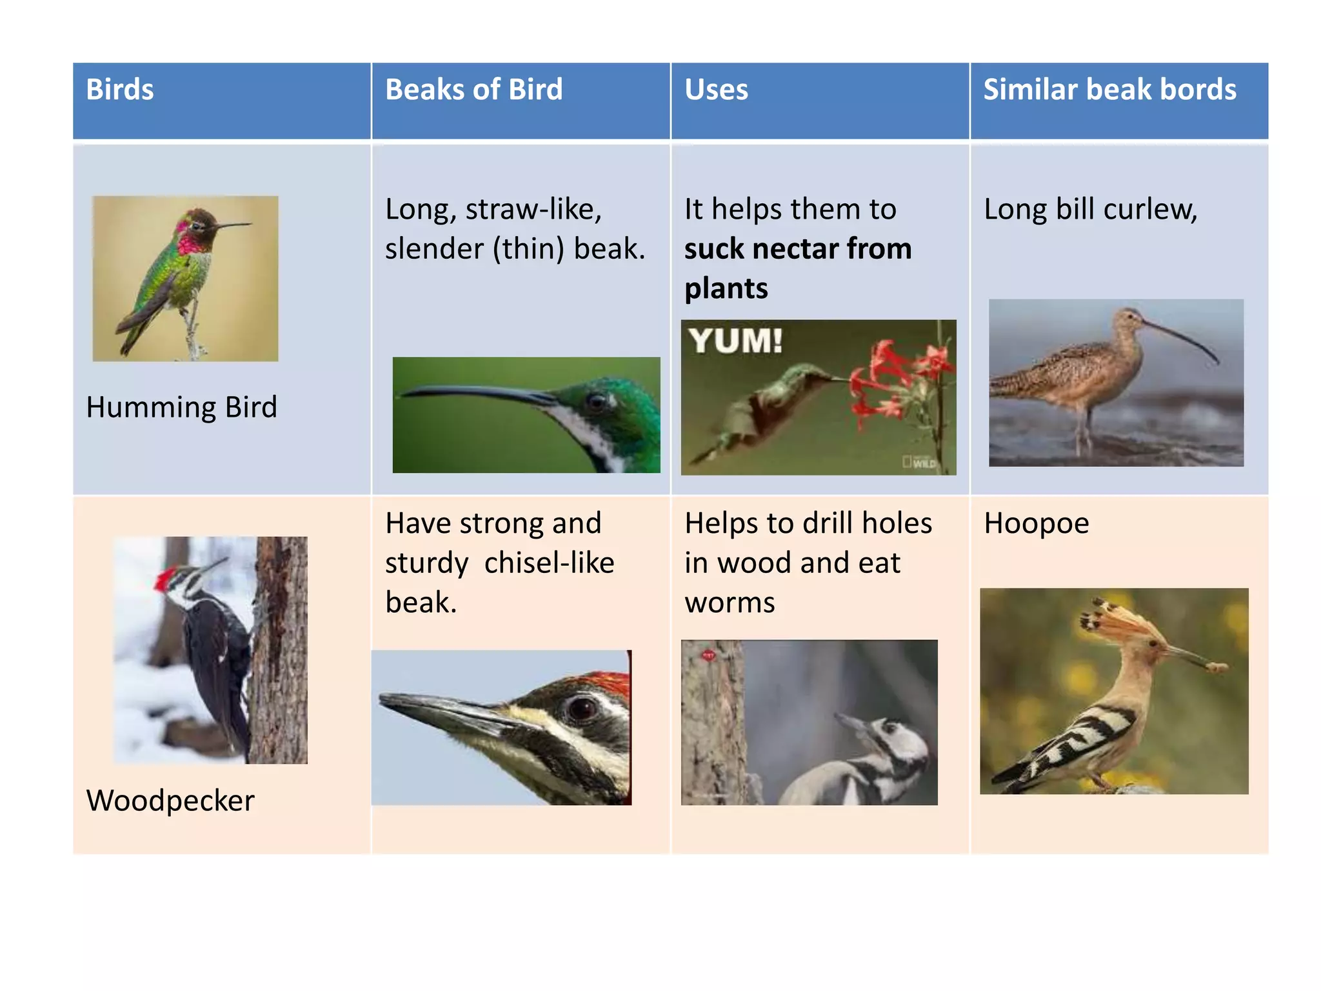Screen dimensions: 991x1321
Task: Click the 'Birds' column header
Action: [120, 90]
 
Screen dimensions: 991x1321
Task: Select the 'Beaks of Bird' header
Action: [473, 90]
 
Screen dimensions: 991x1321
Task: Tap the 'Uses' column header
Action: [716, 90]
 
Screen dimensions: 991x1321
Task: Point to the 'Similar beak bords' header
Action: [1109, 90]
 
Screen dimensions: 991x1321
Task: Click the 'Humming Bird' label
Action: [181, 408]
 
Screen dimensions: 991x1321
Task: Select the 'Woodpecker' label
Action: [170, 801]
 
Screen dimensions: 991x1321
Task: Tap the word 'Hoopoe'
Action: [1036, 523]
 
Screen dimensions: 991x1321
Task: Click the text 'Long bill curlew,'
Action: [1090, 210]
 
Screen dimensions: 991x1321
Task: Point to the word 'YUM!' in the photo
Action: [735, 341]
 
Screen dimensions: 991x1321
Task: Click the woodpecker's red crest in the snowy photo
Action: [166, 578]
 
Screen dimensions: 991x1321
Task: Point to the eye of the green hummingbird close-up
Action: [595, 402]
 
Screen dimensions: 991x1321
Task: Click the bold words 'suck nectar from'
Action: [798, 249]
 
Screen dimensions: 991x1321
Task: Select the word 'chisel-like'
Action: [549, 563]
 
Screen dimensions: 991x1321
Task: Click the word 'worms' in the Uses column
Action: [730, 603]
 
